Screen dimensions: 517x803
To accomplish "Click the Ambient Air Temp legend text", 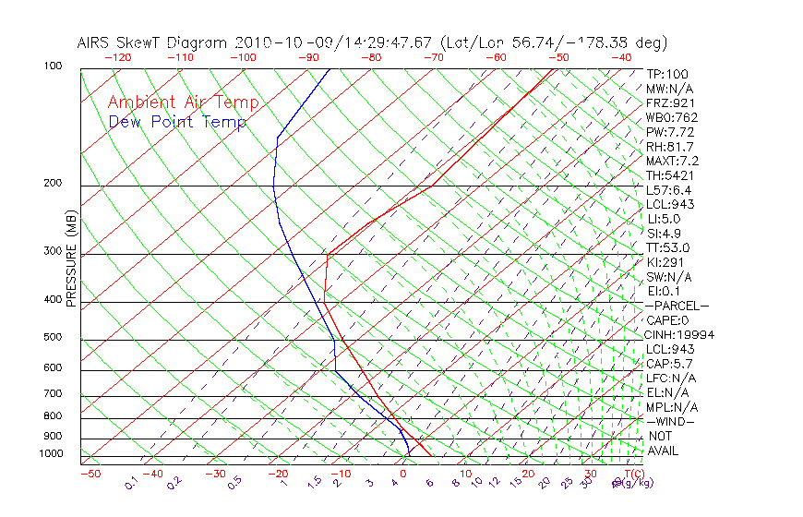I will point(183,103).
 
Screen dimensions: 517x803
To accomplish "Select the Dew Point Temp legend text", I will point(177,123).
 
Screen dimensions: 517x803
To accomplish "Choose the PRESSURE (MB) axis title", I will point(71,259).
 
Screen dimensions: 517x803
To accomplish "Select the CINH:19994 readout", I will point(680,335).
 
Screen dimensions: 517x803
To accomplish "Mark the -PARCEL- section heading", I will point(677,306).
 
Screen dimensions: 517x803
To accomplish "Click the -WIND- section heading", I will point(671,421).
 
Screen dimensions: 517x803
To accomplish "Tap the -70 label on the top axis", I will point(433,57).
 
